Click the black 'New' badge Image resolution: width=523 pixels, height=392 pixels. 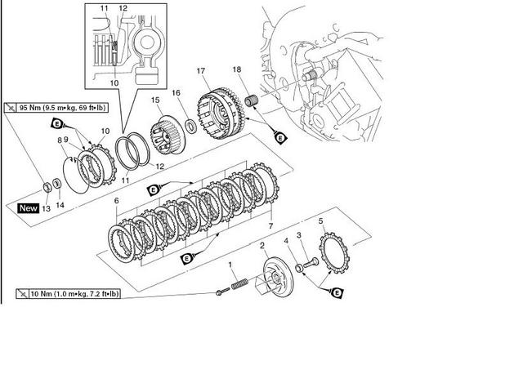tap(28, 208)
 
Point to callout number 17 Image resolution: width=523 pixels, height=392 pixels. tap(199, 72)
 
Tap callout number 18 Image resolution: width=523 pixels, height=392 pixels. tap(236, 70)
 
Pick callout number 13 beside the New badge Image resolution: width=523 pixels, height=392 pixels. tap(46, 208)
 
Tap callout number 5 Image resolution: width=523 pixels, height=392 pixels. tap(320, 221)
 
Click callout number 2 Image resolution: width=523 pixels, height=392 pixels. tap(261, 246)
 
